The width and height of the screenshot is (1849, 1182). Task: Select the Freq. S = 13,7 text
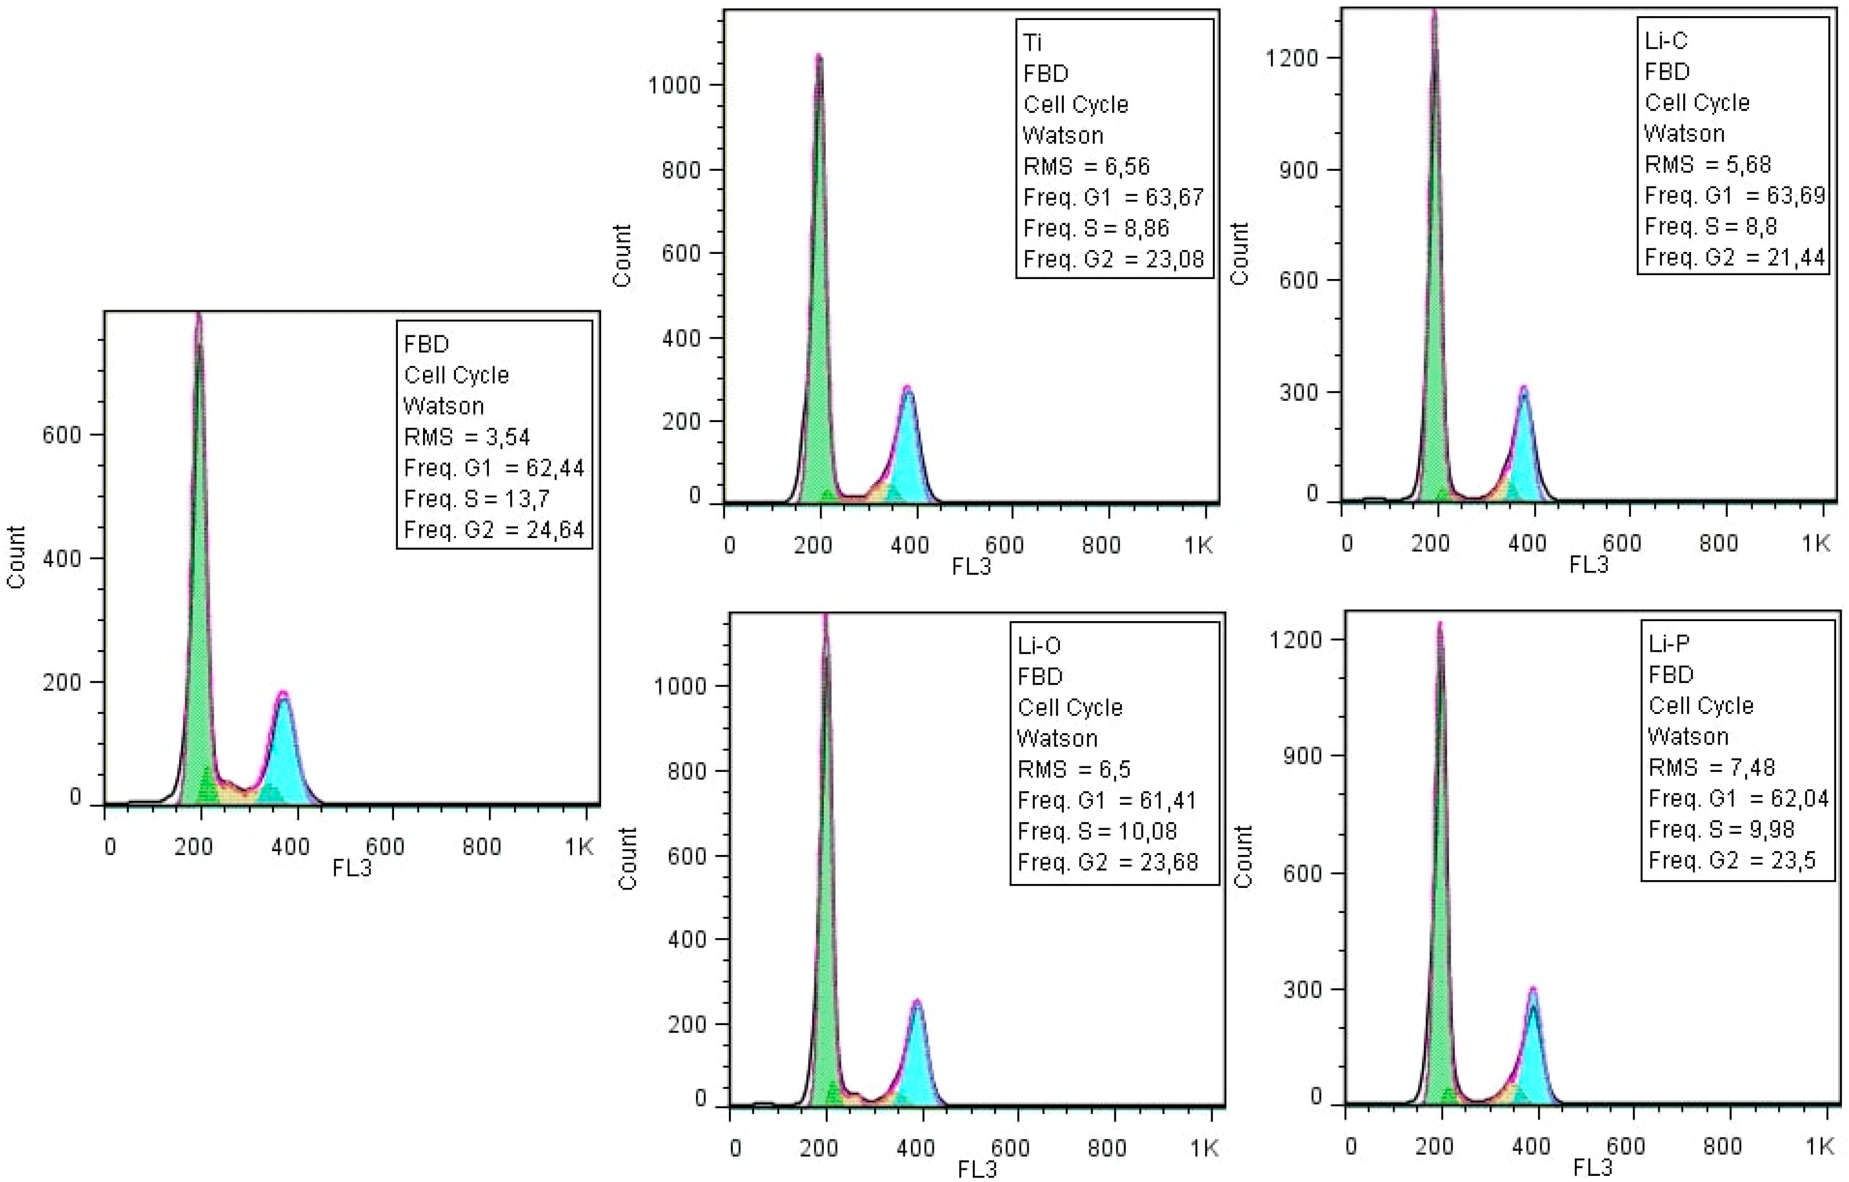[x=476, y=499]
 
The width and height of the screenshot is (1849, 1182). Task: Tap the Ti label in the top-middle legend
[x=1032, y=42]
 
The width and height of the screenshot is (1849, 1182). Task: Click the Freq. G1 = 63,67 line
[x=1113, y=198]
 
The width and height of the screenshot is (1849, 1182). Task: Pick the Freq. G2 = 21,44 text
[x=1734, y=257]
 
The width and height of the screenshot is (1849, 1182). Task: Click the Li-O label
[x=1038, y=645]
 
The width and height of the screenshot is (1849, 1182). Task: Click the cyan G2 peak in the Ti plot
[x=909, y=453]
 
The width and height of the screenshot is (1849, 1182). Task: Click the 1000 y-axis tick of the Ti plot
[x=674, y=85]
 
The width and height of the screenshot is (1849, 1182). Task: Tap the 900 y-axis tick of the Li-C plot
[x=1299, y=169]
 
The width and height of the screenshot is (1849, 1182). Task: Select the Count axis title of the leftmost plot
[x=16, y=557]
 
